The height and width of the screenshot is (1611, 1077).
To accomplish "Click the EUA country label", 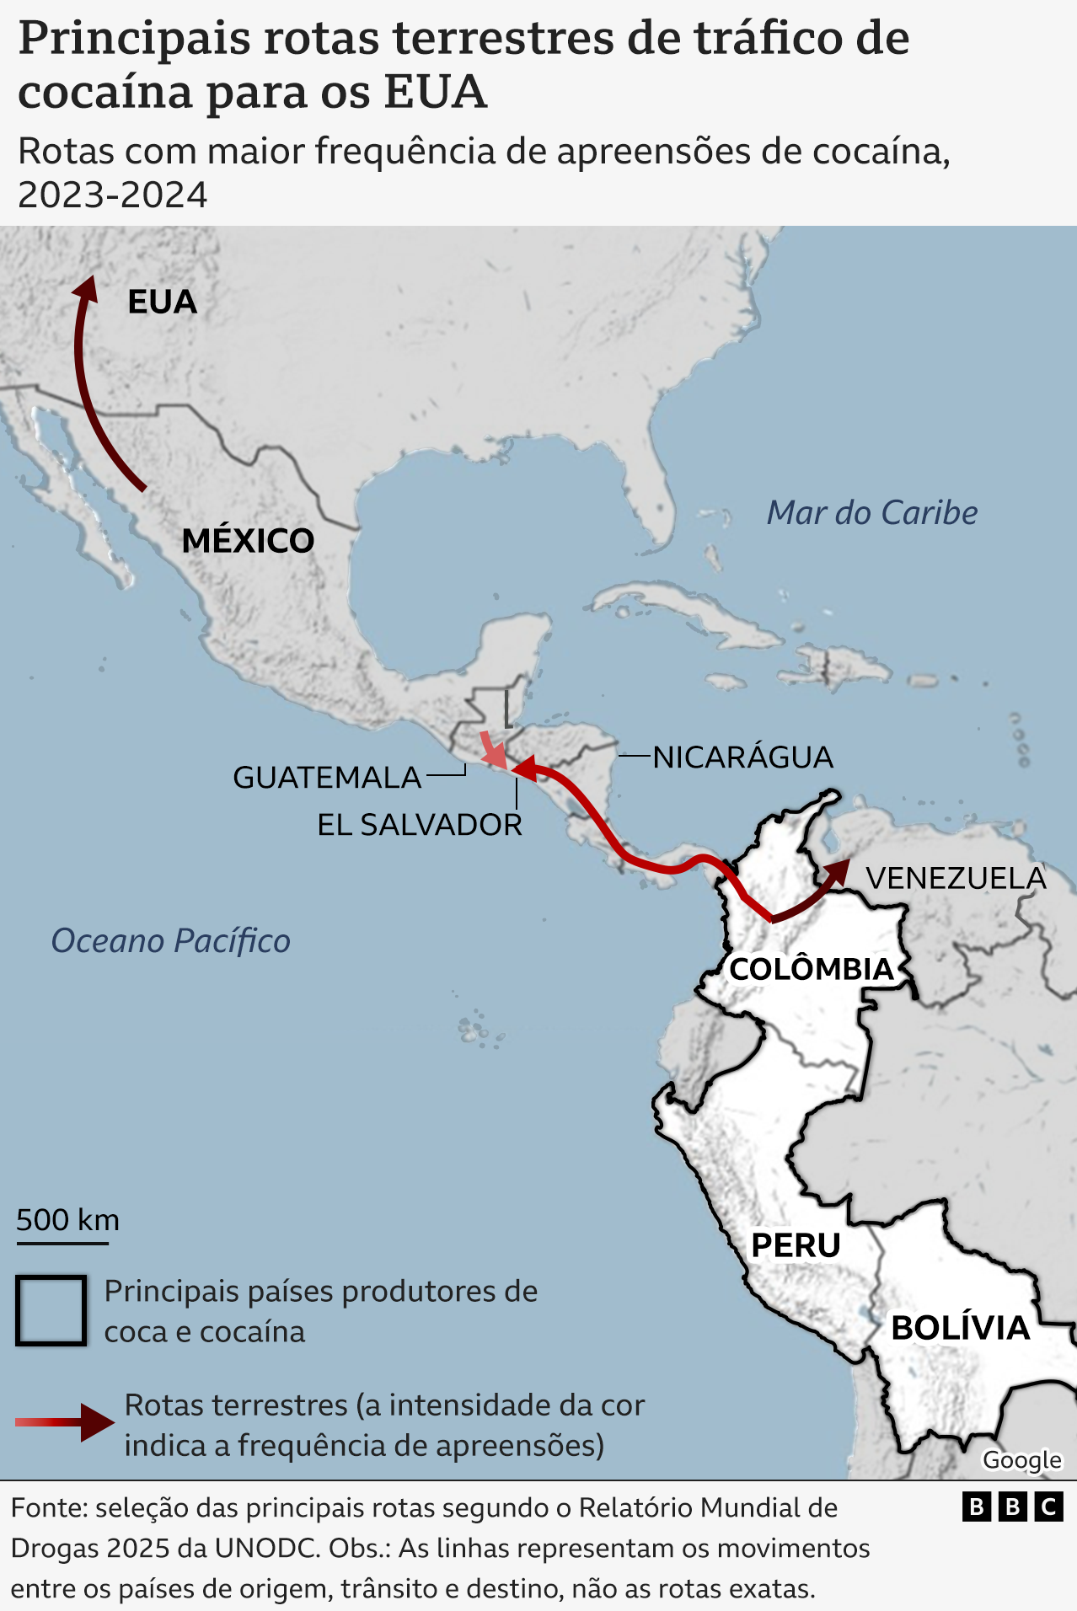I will [x=162, y=302].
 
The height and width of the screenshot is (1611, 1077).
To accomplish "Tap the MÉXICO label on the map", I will [x=248, y=541].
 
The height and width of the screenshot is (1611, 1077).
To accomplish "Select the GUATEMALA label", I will [x=327, y=777].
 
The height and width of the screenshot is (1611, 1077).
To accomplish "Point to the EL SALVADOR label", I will [x=420, y=824].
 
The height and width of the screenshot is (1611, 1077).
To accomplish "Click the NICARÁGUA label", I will [x=742, y=757].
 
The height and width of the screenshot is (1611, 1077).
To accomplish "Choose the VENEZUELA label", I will [x=956, y=878].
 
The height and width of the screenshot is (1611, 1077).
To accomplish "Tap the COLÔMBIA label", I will [x=811, y=969].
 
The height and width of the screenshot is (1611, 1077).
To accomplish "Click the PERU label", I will [x=796, y=1244].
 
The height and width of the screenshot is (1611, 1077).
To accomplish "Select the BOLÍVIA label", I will [x=961, y=1328].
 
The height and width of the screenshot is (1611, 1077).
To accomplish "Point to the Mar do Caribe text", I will [x=871, y=512].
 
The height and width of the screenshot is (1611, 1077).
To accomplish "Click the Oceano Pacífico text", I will [x=170, y=940].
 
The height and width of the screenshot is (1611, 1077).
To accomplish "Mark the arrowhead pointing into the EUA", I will [x=86, y=288].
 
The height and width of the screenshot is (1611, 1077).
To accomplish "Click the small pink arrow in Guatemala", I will [x=493, y=751].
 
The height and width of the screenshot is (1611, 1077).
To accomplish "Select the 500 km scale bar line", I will [x=62, y=1243].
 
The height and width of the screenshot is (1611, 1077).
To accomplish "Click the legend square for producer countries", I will [x=51, y=1310].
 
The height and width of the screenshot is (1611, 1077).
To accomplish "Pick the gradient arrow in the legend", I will [x=65, y=1422].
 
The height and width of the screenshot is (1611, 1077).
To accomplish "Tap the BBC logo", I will [x=1012, y=1507].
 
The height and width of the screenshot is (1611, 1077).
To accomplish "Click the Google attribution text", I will [x=1021, y=1459].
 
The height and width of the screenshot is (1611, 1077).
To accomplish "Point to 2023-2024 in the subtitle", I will [x=112, y=195].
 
